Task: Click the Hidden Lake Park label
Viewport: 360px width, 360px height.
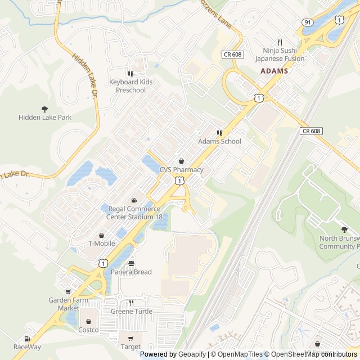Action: [45, 118]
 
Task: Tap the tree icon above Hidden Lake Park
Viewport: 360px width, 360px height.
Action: [45, 109]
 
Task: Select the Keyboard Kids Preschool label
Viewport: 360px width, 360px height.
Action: [130, 86]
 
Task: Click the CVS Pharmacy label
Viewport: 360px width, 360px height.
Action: [181, 169]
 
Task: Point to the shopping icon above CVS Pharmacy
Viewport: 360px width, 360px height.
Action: [181, 161]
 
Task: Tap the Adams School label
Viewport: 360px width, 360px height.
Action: [219, 141]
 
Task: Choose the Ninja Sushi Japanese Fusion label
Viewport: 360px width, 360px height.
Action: [279, 55]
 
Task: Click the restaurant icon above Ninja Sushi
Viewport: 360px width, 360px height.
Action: [280, 42]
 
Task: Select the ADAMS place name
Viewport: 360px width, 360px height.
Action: [274, 71]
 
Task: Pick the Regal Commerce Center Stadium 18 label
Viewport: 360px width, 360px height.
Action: [135, 213]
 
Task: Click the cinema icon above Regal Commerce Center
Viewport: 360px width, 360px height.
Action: [134, 201]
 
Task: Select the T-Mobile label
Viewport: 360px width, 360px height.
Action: [102, 244]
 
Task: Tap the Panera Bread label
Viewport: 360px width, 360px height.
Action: [131, 272]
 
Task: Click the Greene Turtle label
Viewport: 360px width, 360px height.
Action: [131, 312]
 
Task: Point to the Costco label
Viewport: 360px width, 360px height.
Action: [89, 330]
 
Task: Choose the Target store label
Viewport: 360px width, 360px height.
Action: [130, 347]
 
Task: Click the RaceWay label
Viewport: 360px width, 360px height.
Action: [27, 347]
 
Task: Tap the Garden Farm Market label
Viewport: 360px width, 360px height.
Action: [69, 304]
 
